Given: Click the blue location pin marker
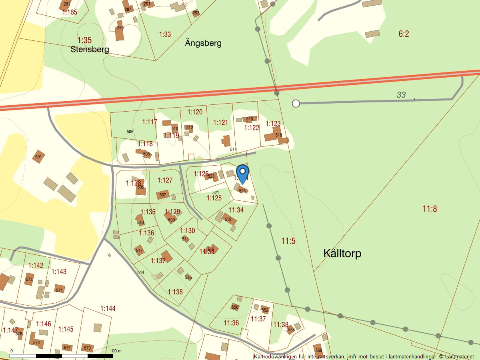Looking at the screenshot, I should click(242, 174).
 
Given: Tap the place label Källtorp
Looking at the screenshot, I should click(342, 253).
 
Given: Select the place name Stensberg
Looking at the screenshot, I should click(90, 50).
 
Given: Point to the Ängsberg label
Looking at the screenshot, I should click(203, 43).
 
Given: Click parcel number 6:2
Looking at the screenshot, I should click(404, 34).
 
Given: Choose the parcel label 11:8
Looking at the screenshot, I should click(430, 208).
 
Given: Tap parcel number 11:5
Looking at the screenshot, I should click(288, 241).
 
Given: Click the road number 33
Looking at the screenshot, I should click(401, 95).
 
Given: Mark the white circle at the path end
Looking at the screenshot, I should click(296, 104).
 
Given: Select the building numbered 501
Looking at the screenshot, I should click(38, 157).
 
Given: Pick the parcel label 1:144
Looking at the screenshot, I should click(108, 308).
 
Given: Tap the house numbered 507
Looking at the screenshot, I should click(162, 195).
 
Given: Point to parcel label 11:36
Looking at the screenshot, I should click(231, 323).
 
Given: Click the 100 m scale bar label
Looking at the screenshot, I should click(116, 351).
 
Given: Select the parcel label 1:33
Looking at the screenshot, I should click(165, 34).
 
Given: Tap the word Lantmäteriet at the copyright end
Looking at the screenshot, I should click(459, 356).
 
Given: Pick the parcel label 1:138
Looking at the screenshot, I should click(175, 292).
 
